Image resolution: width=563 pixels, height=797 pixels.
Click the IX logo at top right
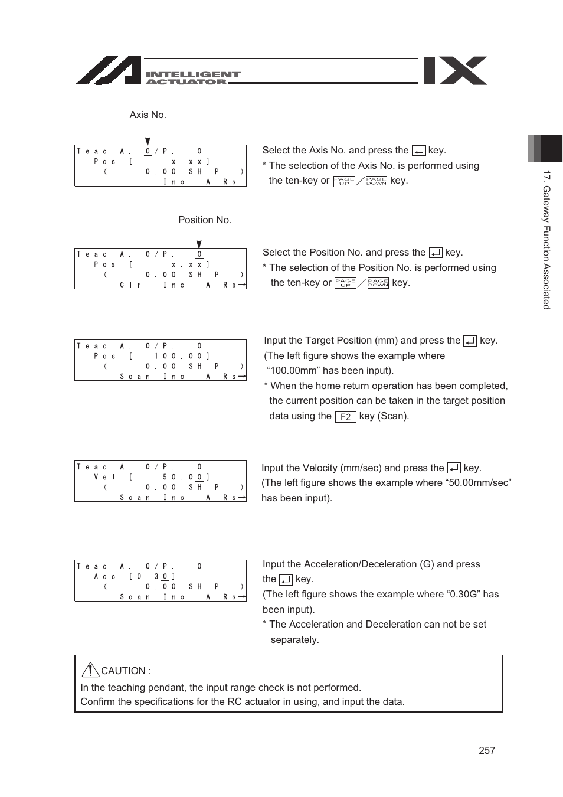455,71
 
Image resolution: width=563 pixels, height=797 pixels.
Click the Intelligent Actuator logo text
192,78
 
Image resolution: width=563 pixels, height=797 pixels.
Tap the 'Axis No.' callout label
148,115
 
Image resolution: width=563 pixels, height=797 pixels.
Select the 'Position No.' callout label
205,220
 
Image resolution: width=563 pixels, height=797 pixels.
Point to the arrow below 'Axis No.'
148,135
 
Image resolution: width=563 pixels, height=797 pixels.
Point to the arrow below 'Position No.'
199,238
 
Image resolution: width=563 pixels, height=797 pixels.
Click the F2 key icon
345,417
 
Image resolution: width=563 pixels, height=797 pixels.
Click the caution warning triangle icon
90,669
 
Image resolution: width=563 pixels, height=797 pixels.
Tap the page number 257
487,750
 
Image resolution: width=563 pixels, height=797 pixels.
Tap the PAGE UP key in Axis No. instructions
344,181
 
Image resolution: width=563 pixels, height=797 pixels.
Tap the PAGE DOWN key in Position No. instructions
378,283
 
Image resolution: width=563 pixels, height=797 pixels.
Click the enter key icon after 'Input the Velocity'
454,468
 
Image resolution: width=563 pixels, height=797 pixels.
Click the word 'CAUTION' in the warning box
123,671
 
